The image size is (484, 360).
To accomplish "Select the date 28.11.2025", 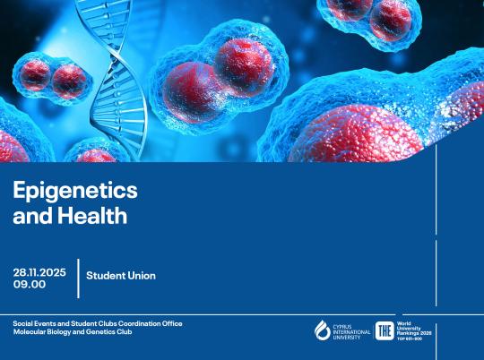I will (39, 271).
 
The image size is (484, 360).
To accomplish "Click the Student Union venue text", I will (121, 276).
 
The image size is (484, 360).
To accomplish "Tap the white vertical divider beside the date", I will (78, 278).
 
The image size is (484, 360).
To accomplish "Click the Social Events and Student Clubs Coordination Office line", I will (98, 322).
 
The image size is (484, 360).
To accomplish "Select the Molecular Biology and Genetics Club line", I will (72, 332).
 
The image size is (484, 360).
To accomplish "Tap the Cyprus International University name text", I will (350, 330).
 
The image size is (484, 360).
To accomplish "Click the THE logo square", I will (384, 330).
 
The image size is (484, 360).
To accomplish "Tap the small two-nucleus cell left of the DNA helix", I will (54, 79).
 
